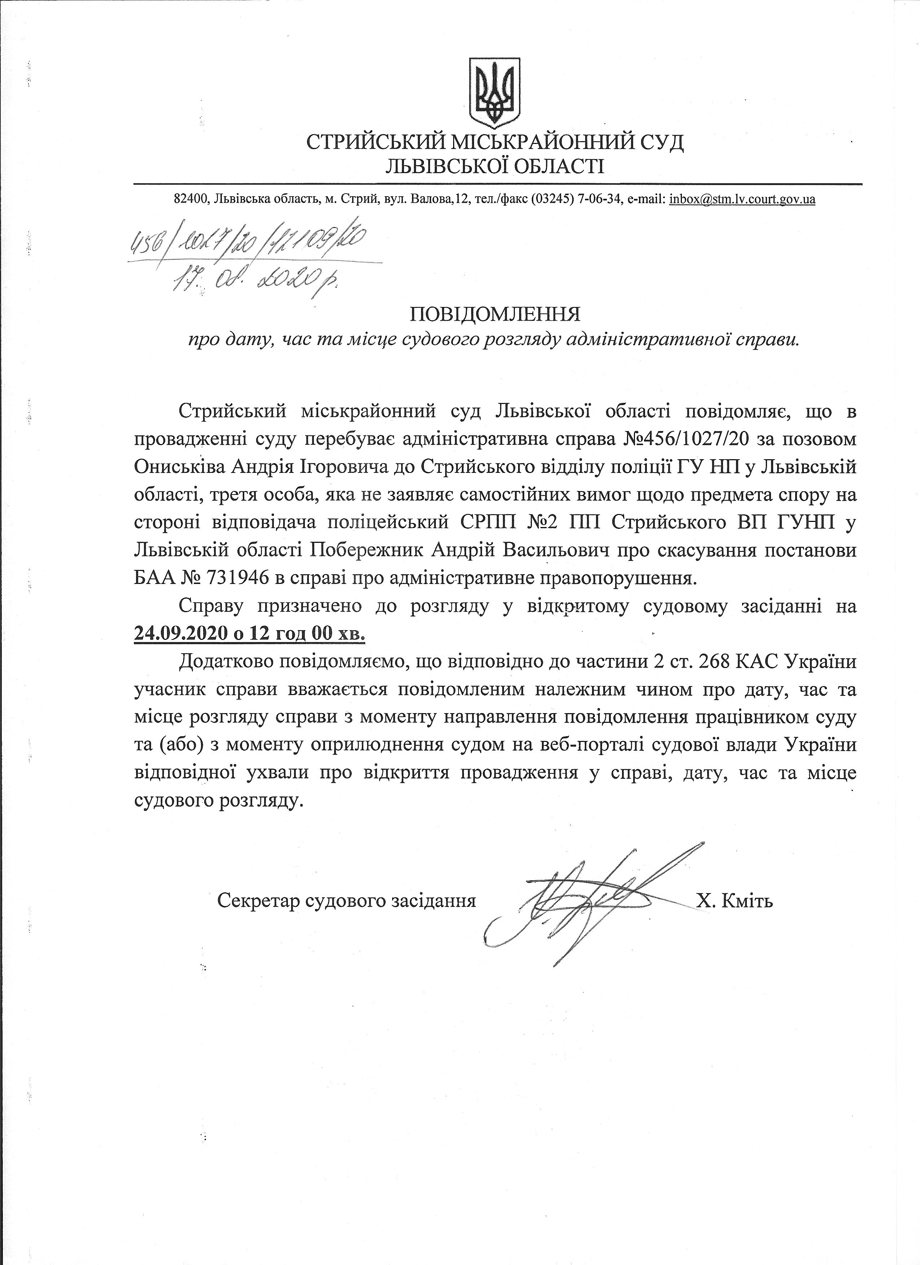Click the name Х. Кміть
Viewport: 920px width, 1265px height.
pyautogui.click(x=734, y=900)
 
